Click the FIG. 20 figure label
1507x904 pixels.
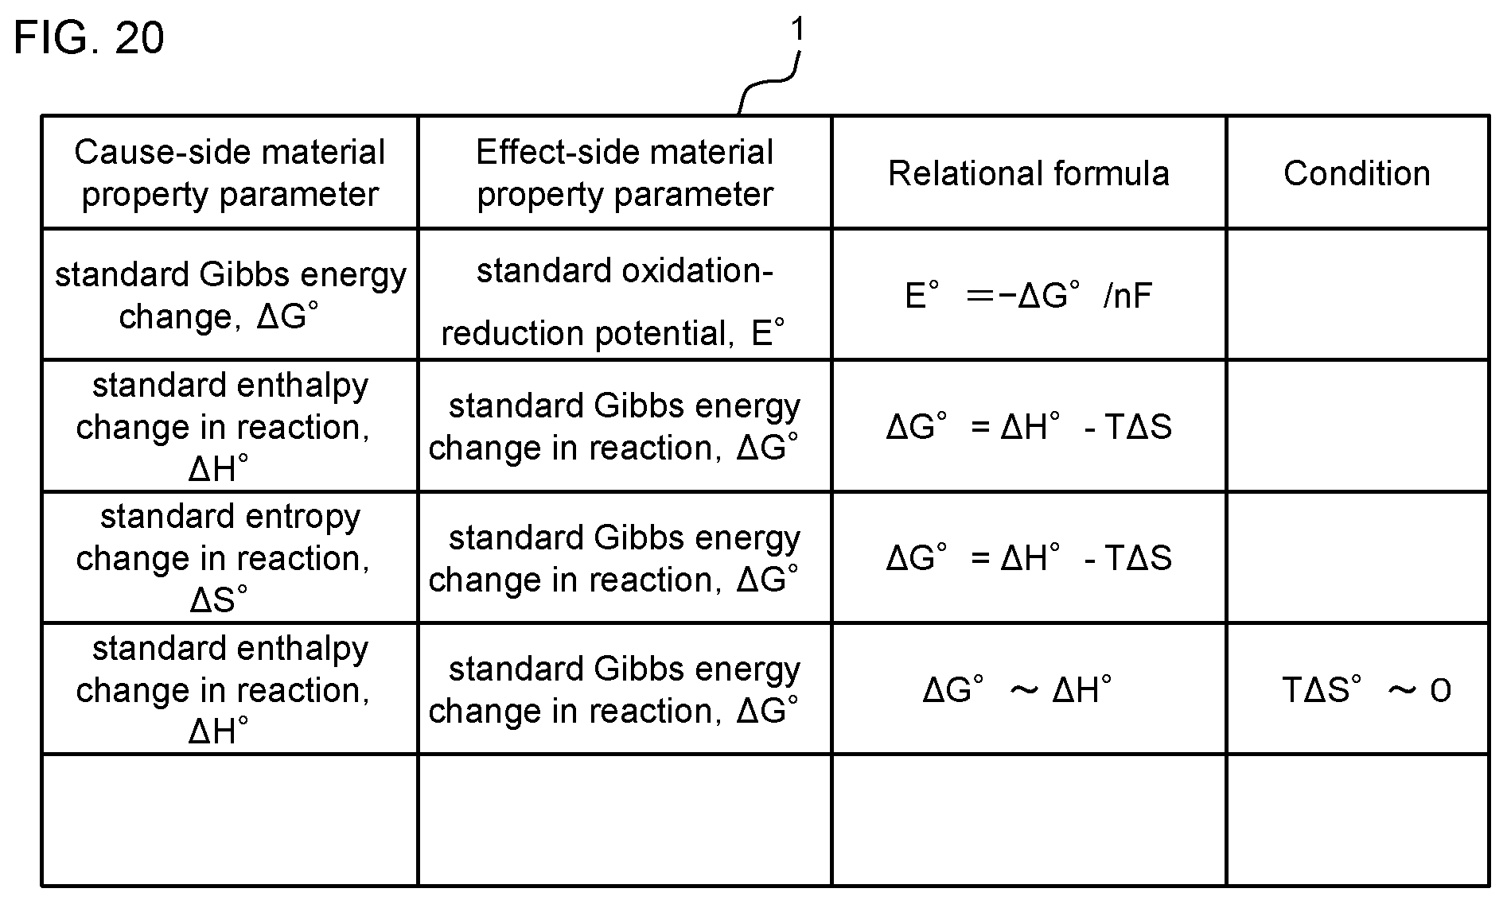click(89, 37)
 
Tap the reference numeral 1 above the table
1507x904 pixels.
click(796, 30)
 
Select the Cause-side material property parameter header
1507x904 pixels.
click(230, 173)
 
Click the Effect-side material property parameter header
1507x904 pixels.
click(625, 173)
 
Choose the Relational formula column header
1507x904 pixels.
click(1029, 173)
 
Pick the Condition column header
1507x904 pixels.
click(1357, 173)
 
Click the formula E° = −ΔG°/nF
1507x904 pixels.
click(1029, 296)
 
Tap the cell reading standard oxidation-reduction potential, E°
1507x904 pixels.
click(614, 302)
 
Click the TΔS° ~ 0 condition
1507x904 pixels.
click(1366, 690)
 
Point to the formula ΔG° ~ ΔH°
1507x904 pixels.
click(1018, 689)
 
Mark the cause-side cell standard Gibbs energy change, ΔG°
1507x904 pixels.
click(230, 295)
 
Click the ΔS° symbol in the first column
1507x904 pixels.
click(219, 599)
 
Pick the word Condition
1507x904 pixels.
click(1357, 173)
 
